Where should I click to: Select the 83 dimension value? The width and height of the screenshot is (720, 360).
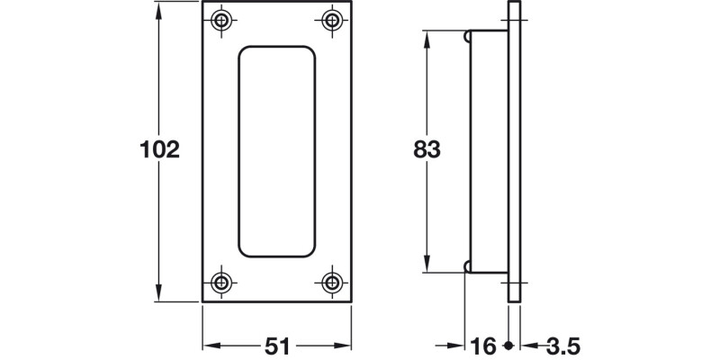coord(427,149)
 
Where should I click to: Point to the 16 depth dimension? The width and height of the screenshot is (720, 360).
coord(484,346)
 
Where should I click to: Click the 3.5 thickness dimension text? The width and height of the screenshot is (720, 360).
coord(563,346)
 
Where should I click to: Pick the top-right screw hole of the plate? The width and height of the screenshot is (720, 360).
coord(332,20)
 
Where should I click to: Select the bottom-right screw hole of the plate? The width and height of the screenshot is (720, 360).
coord(332,279)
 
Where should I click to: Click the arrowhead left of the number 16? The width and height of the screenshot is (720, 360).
coord(461,346)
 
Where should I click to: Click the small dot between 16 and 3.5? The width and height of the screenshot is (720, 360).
coord(509,346)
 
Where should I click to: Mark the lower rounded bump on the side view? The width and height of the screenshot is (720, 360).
coord(469,265)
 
